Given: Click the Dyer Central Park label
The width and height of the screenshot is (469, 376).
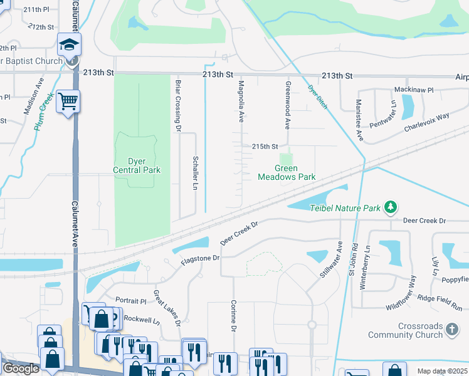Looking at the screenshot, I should (x=137, y=165).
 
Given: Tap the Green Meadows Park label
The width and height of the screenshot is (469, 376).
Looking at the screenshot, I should (x=287, y=172).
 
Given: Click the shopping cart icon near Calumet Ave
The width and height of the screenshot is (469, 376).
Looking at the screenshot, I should (x=67, y=100).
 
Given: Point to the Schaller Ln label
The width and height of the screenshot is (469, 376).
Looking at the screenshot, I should (x=196, y=174).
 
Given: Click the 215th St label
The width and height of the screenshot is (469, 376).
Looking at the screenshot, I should (x=265, y=146).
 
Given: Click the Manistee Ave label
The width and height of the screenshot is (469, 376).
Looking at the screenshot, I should (x=359, y=118).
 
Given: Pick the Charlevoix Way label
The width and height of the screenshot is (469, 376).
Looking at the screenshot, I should (x=426, y=117).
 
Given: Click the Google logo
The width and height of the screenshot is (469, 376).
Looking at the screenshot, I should (x=21, y=368).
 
